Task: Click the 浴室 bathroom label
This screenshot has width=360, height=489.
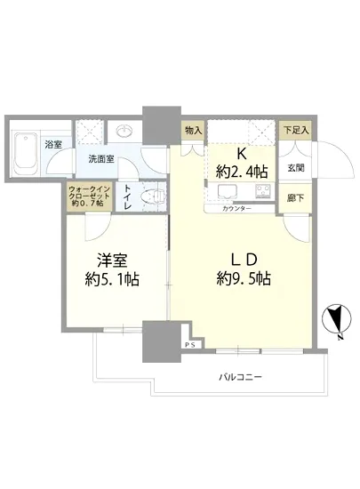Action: (x=53, y=144)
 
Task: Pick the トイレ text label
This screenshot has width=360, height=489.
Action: (x=129, y=196)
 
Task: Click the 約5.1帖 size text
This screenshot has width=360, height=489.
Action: (x=114, y=279)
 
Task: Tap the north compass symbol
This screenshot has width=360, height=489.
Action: (x=335, y=318)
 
